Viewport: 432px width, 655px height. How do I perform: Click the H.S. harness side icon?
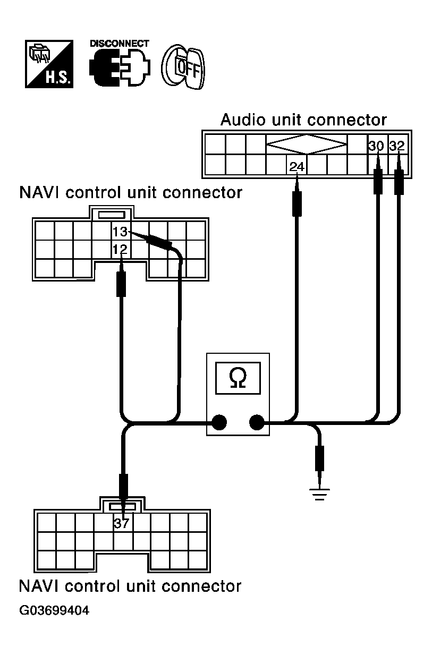click(x=49, y=64)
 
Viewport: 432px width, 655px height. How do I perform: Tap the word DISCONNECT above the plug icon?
click(x=120, y=44)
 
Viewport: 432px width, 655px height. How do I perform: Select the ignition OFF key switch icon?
click(x=183, y=67)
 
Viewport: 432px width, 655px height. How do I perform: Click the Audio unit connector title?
click(x=303, y=120)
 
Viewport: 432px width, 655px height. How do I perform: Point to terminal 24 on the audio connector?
click(x=297, y=167)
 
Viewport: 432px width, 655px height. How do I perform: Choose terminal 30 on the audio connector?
click(x=376, y=146)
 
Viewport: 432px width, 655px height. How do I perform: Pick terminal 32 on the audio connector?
click(x=397, y=146)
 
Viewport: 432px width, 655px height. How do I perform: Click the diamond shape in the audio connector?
click(x=307, y=144)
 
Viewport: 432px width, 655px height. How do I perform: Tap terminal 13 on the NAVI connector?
click(x=120, y=232)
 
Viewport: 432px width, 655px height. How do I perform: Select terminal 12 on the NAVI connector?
click(x=120, y=250)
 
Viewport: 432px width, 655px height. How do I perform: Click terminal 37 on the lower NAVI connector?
click(x=121, y=523)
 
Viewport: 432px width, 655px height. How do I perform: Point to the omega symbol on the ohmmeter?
click(x=238, y=378)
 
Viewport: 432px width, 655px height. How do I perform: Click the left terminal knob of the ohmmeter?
click(x=219, y=422)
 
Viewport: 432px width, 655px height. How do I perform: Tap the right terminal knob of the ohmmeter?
click(x=257, y=422)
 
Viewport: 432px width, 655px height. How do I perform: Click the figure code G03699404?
click(x=54, y=610)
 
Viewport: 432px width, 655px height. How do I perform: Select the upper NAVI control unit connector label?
click(x=131, y=193)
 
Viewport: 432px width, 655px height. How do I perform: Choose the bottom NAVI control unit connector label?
click(x=130, y=586)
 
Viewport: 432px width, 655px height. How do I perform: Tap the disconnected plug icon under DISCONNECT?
click(x=120, y=67)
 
